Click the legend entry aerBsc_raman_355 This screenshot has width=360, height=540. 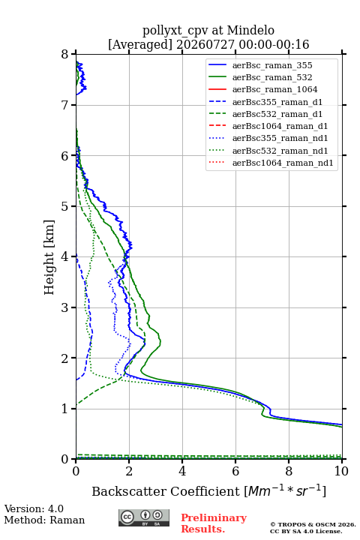(272, 65)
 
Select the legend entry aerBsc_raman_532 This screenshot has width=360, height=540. (272, 77)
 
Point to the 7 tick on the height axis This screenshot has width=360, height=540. (73, 105)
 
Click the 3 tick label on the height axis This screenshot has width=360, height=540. (64, 307)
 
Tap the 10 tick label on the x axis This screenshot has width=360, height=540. (341, 471)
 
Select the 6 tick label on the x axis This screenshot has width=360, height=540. (235, 471)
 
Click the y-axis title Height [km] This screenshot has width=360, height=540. (49, 257)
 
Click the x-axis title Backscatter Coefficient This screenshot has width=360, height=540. (166, 491)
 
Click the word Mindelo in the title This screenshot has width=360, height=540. (250, 30)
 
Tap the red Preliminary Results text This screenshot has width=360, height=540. (214, 523)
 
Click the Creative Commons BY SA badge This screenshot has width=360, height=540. (144, 517)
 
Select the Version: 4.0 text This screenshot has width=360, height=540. (34, 508)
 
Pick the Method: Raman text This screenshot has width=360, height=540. (44, 520)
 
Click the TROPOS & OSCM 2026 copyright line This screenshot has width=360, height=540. (313, 524)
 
